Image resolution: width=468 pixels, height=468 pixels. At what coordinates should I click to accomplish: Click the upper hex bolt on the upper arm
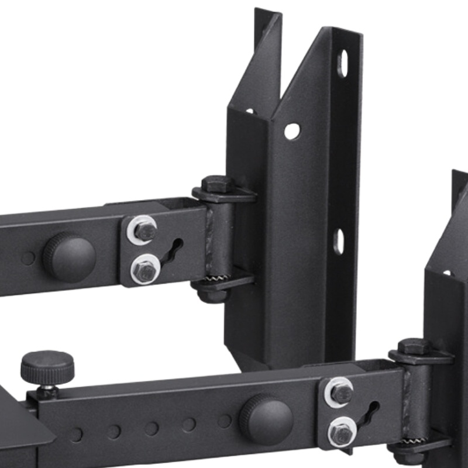(143, 229)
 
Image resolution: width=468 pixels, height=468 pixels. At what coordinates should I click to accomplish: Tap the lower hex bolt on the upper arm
(143, 269)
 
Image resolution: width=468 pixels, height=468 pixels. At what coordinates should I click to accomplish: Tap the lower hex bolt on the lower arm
(340, 432)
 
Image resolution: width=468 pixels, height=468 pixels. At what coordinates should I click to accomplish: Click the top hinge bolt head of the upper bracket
(218, 184)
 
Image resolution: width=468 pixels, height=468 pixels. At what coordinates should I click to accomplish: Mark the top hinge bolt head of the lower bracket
(414, 346)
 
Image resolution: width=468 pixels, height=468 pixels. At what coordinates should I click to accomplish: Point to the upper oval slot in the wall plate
(343, 63)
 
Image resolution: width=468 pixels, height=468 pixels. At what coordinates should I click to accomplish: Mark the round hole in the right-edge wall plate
(447, 273)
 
